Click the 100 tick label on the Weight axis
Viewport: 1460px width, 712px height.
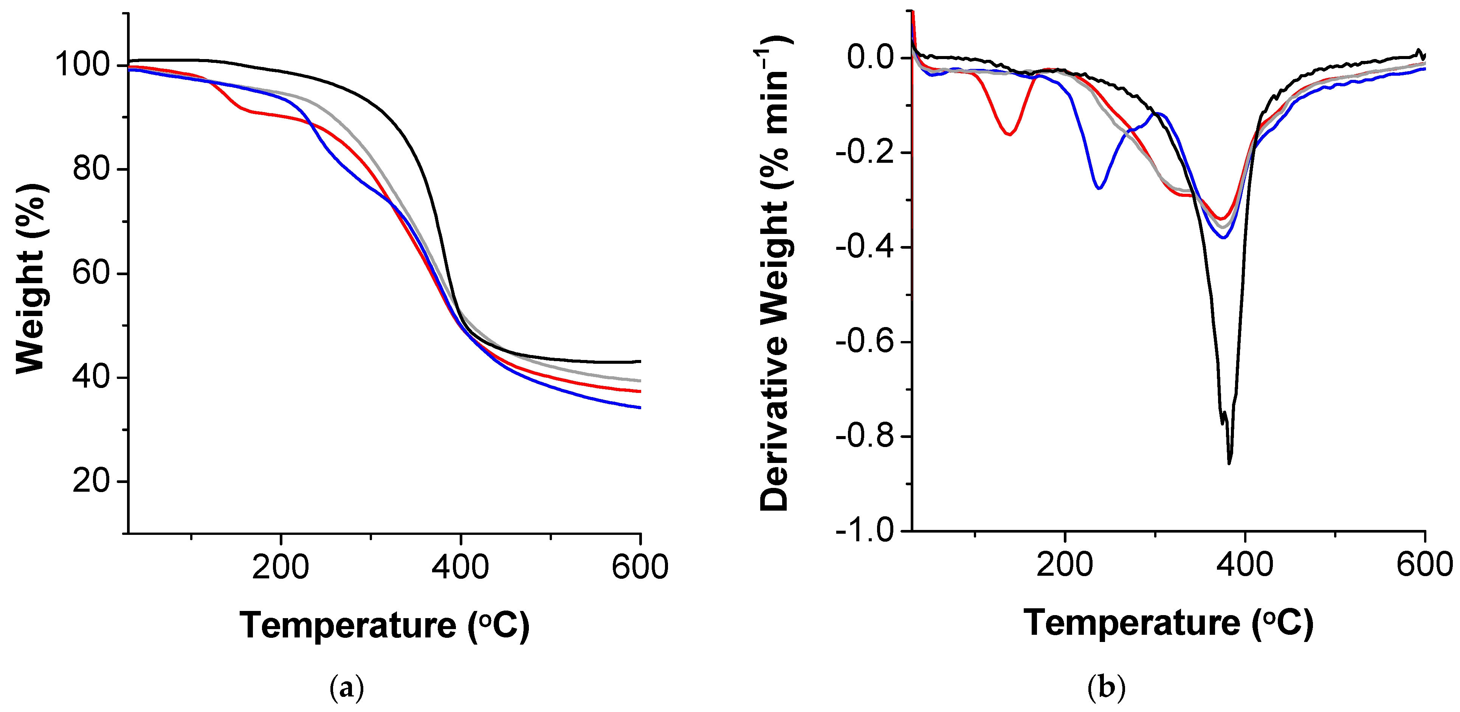pos(82,65)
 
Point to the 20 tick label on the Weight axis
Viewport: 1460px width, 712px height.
pos(91,481)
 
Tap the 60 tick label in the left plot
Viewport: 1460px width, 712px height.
pos(91,273)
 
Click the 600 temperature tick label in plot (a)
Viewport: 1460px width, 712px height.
pos(640,567)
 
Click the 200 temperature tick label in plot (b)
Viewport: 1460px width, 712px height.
pos(1065,564)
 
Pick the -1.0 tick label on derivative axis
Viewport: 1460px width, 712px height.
pos(864,531)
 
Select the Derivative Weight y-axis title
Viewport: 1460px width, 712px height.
pos(775,272)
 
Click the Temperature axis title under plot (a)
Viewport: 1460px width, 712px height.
pos(384,625)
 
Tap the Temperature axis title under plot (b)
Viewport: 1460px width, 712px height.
pos(1168,623)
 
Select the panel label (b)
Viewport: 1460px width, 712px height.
pos(1106,688)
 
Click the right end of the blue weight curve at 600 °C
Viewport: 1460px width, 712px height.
pos(639,407)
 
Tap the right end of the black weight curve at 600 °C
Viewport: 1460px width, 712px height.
pos(639,361)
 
